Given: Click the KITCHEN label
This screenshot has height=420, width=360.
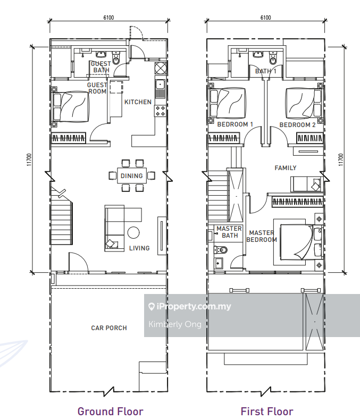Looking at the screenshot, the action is pyautogui.click(x=138, y=102).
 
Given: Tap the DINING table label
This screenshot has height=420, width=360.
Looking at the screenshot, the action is pyautogui.click(x=131, y=176).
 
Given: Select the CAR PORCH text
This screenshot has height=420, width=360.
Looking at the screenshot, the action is pyautogui.click(x=109, y=328).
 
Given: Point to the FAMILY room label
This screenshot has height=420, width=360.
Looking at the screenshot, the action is pyautogui.click(x=286, y=168).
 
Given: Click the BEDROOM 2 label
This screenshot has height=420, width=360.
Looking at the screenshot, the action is pyautogui.click(x=297, y=125).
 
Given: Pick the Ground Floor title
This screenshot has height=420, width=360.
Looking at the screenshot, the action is pyautogui.click(x=111, y=411).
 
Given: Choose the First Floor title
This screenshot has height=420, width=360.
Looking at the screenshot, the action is pyautogui.click(x=267, y=411).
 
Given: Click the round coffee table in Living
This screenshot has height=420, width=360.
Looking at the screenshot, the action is pyautogui.click(x=133, y=232).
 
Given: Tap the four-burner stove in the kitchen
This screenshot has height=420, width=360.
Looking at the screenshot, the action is pyautogui.click(x=160, y=111).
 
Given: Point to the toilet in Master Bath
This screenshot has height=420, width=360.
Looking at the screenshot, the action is pyautogui.click(x=221, y=250).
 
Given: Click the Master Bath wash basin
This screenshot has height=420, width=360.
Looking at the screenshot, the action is pyautogui.click(x=219, y=263).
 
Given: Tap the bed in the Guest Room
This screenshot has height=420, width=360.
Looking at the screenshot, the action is pyautogui.click(x=70, y=107).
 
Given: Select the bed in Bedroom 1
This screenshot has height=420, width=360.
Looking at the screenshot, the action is pyautogui.click(x=228, y=103).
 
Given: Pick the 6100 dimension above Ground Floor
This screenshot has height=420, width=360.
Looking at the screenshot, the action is pyautogui.click(x=108, y=18).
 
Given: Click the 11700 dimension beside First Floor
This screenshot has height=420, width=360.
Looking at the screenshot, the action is pyautogui.click(x=341, y=159).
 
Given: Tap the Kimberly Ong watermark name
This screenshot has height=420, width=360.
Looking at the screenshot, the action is pyautogui.click(x=175, y=324).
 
